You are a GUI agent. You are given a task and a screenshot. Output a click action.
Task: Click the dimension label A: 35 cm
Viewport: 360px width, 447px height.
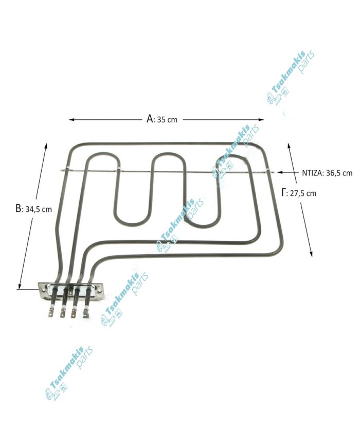[161, 119]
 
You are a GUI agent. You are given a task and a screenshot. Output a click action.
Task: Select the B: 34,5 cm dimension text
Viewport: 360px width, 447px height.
[33, 209]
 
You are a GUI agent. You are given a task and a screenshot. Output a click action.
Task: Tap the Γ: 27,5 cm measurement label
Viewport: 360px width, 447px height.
[299, 193]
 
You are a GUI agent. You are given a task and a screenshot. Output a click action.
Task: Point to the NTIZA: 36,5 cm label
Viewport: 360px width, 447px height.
[327, 173]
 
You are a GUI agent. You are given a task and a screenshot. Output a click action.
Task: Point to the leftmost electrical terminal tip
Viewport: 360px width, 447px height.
[51, 314]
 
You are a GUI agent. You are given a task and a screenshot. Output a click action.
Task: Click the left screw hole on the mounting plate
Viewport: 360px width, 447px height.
[43, 291]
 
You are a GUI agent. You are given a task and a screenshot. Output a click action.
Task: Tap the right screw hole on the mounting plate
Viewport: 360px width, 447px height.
[100, 291]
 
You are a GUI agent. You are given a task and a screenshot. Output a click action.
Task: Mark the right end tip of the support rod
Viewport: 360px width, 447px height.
[274, 172]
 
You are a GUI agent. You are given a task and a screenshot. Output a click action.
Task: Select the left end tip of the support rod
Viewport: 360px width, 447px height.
[62, 171]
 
